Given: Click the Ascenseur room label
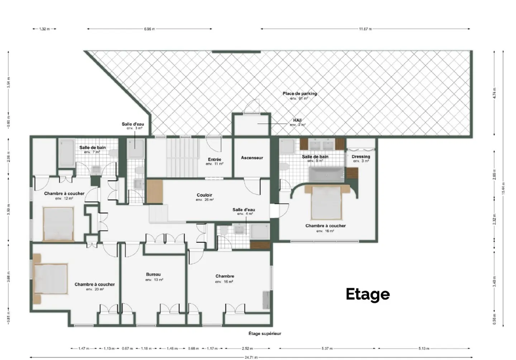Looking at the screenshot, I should (252, 158).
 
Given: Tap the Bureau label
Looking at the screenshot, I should (153, 275).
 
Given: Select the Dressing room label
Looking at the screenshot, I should (360, 157).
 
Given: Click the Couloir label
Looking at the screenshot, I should (204, 195).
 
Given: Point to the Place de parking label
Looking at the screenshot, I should (300, 94).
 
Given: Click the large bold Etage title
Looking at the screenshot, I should (368, 294).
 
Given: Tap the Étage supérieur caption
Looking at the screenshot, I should (265, 333).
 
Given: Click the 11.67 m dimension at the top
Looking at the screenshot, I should (365, 29).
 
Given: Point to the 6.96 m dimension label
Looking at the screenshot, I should (149, 29).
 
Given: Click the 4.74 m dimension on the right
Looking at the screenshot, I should (494, 93).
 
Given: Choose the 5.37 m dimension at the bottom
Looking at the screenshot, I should (327, 348).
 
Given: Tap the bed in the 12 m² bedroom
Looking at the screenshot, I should (59, 224).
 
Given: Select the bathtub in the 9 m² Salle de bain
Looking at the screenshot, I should (326, 175).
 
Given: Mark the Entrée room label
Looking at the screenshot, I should (214, 160).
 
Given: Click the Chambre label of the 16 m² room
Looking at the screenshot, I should (225, 276).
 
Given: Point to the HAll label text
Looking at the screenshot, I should (297, 120).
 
